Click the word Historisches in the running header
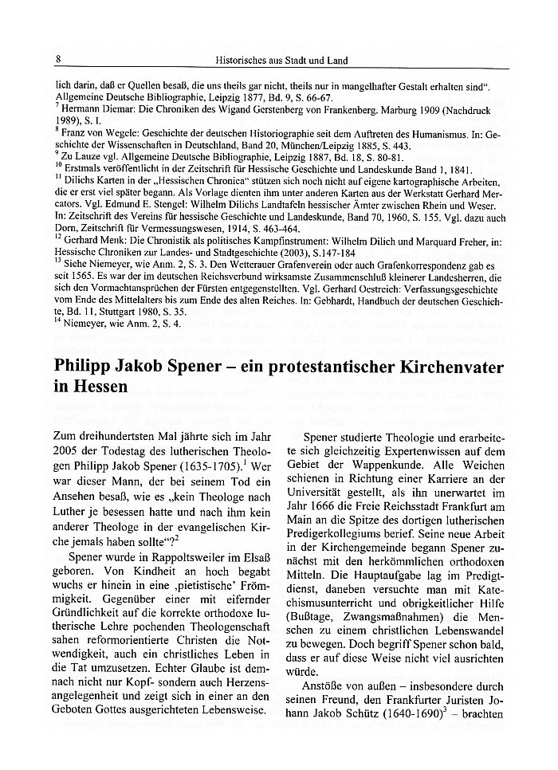point(242,60)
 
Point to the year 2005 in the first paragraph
point(67,453)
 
